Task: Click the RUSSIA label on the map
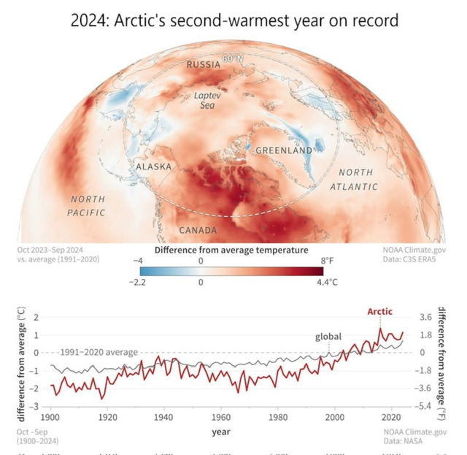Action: [204, 65]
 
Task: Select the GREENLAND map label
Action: [284, 150]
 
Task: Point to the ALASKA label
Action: [154, 167]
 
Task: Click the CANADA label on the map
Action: [198, 231]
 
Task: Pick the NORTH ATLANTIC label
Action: [355, 180]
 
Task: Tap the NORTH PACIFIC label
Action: [87, 205]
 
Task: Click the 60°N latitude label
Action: [232, 58]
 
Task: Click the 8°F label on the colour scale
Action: [325, 260]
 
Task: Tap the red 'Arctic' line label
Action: [379, 312]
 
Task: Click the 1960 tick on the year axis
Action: [221, 417]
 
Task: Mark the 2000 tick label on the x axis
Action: [336, 417]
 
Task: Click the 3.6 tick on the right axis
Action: [426, 318]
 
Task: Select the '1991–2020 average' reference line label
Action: [99, 353]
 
